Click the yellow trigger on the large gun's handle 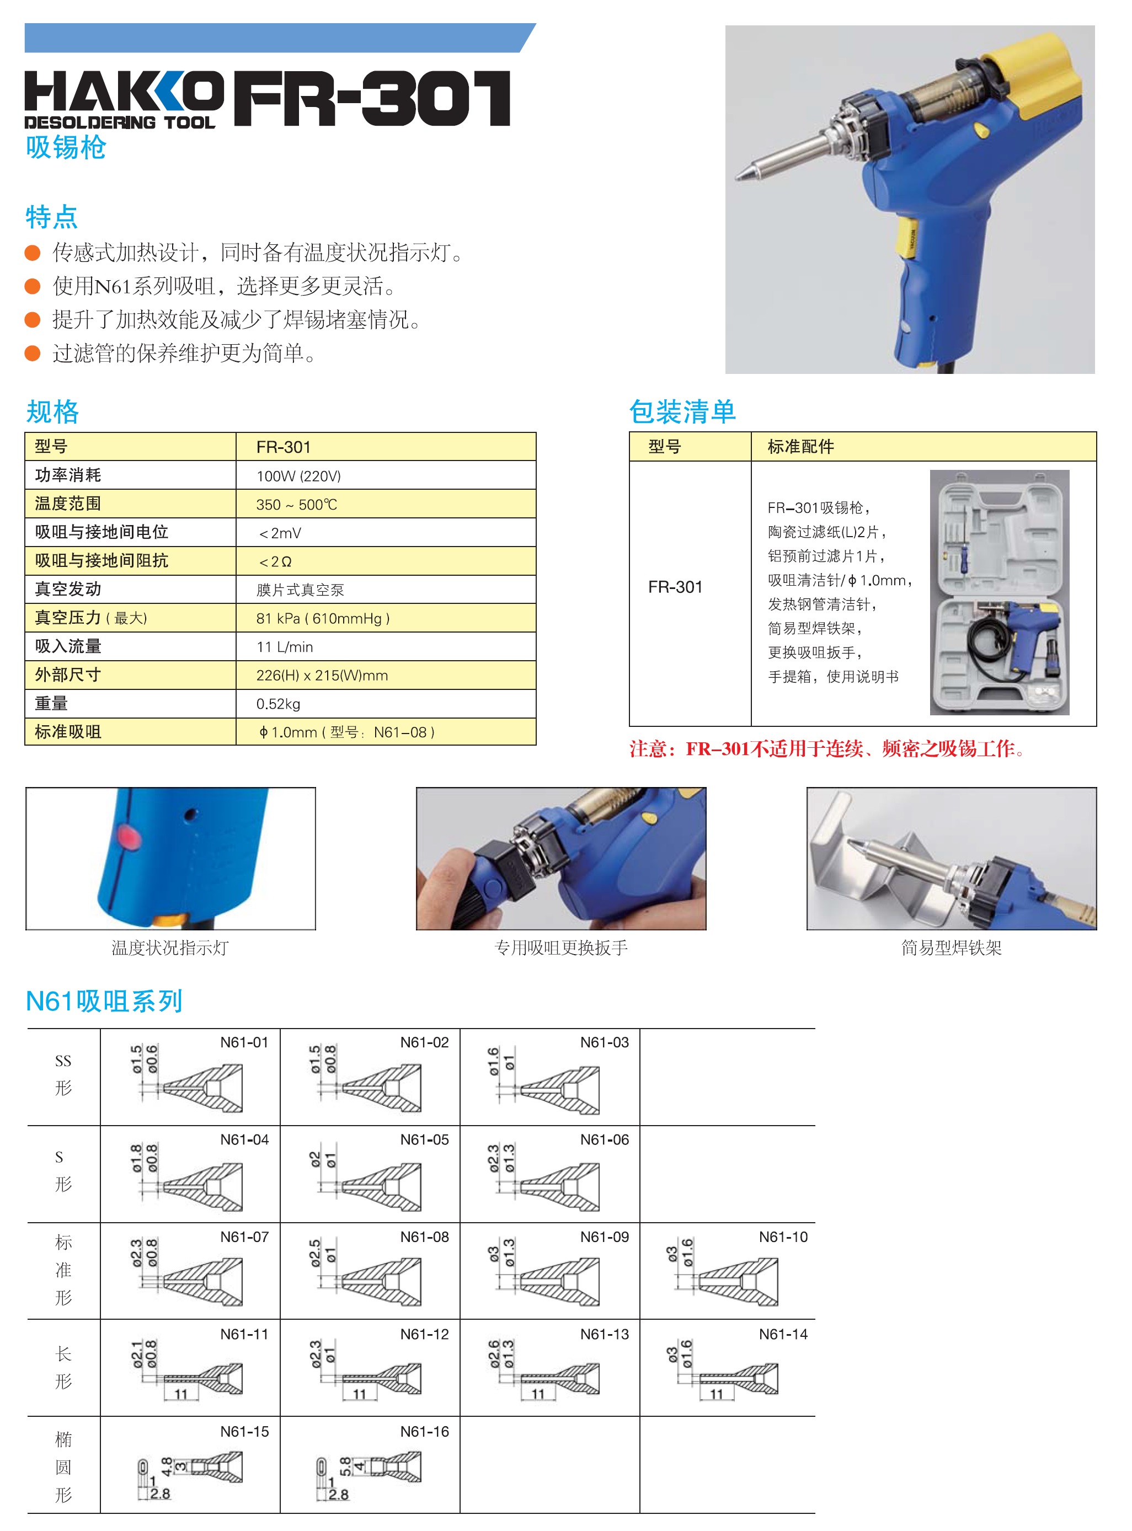pos(906,240)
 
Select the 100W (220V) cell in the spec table pos(299,476)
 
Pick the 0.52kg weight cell pos(278,704)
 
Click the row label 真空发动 pos(68,589)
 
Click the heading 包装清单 pos(682,411)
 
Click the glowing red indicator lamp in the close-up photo pos(130,837)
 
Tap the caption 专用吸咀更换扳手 pos(560,948)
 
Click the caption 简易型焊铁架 pos(951,948)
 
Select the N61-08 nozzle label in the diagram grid pos(424,1237)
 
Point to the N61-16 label pos(424,1432)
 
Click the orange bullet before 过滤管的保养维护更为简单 pos(32,354)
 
